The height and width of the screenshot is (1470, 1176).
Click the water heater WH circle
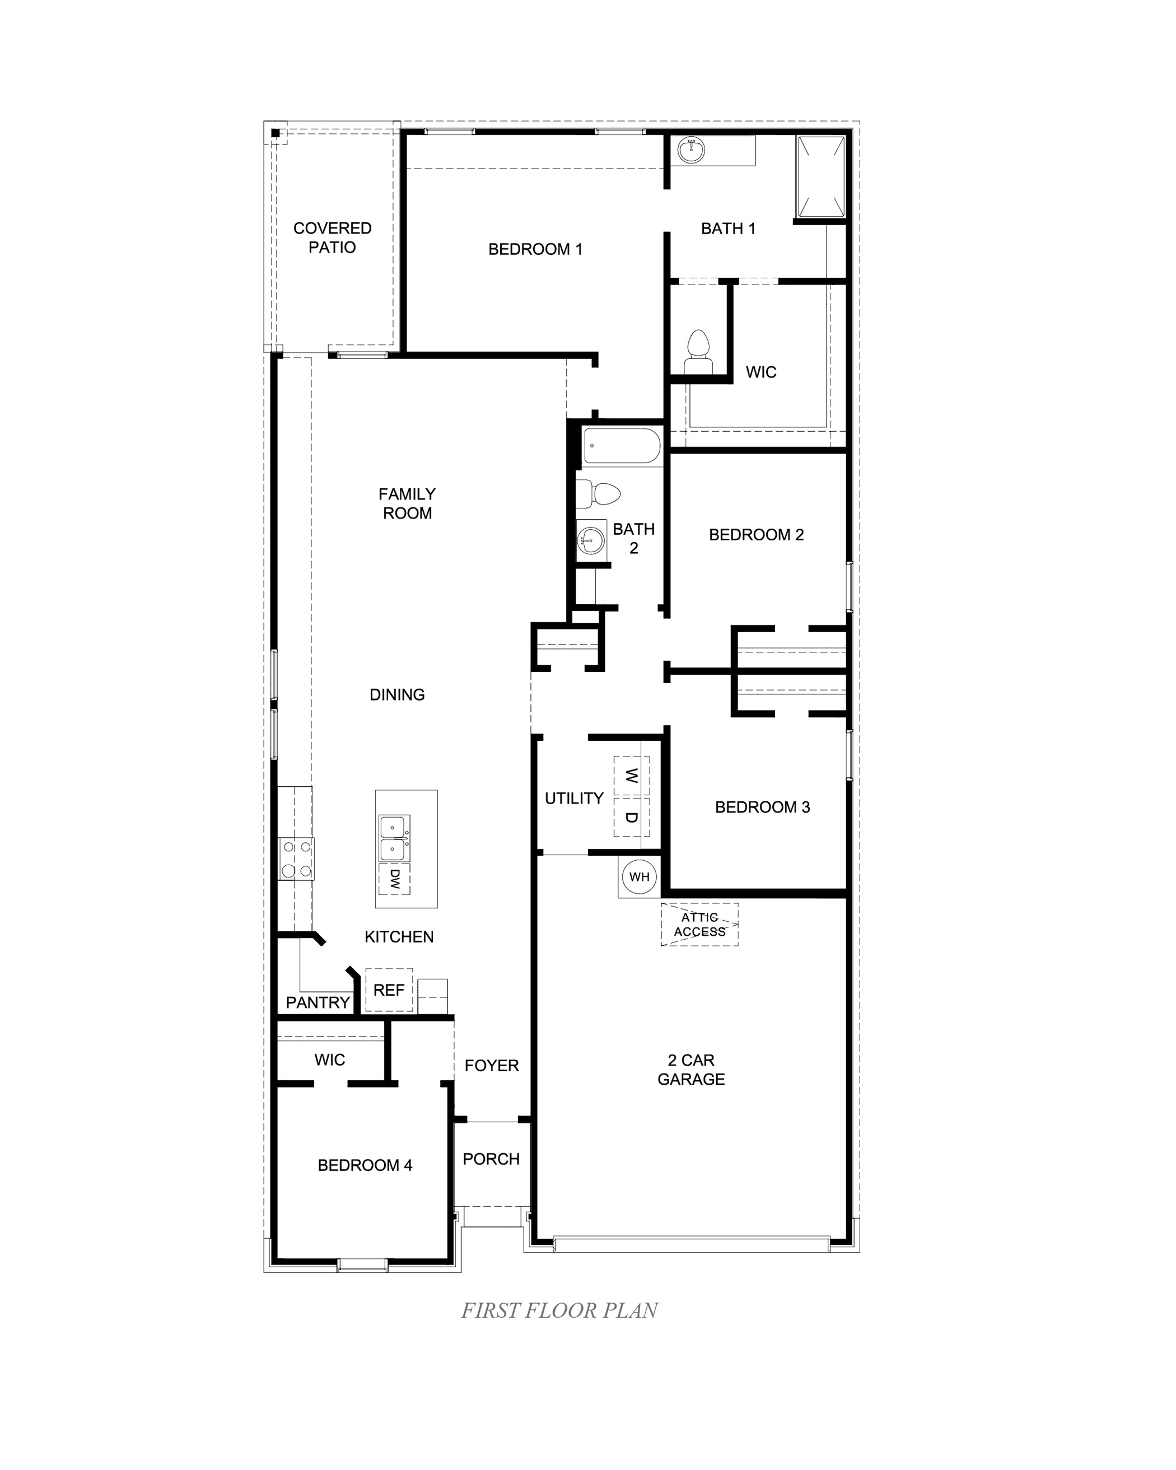coord(639,877)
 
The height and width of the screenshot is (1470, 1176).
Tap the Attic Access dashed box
coord(699,925)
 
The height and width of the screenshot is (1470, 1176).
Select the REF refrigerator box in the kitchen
coord(389,990)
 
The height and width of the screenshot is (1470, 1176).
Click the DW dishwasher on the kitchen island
coord(394,878)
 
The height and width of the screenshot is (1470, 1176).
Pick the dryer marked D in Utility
coord(631,817)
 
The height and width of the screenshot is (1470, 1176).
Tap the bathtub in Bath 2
coord(622,446)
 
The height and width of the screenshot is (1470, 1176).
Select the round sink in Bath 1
coord(691,150)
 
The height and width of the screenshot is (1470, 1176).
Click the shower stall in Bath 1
coord(821,176)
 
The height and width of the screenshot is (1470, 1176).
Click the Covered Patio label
coord(332,238)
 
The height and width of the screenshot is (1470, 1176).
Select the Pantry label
coord(318,1002)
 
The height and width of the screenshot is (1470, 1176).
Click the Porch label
coord(491,1159)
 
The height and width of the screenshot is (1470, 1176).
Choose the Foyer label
coord(492,1066)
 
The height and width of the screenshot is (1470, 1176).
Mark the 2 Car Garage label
coord(691,1070)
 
